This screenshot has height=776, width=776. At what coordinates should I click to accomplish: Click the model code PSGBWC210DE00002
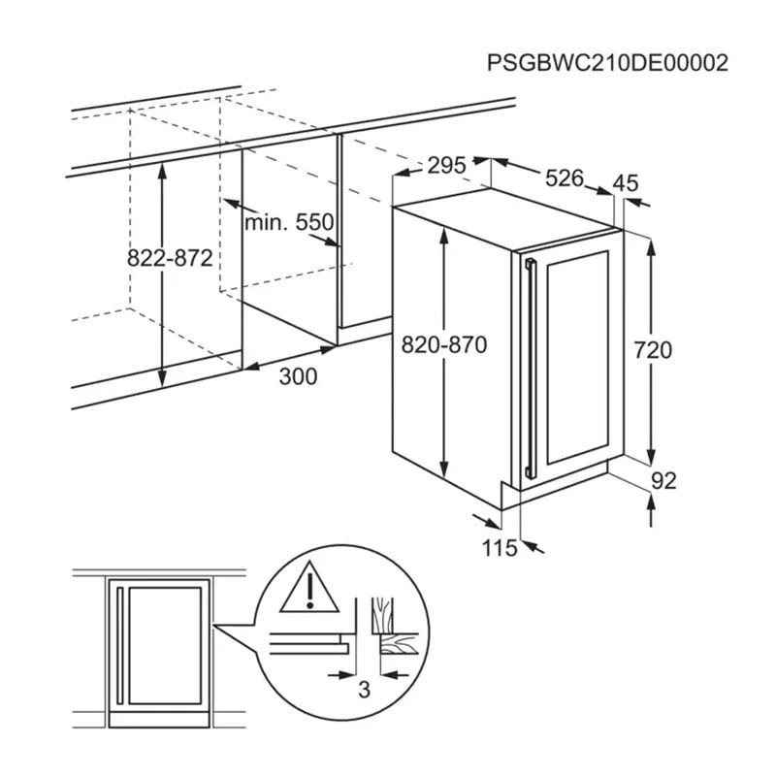tap(607, 63)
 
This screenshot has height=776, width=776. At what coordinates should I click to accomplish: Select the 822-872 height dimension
tap(170, 258)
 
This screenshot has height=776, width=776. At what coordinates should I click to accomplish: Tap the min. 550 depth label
tap(288, 223)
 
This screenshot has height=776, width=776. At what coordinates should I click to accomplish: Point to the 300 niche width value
tap(297, 377)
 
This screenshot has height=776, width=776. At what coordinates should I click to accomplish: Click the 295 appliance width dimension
tap(447, 165)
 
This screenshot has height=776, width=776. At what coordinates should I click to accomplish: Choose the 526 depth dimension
tap(564, 178)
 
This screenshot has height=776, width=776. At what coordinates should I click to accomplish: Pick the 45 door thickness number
tap(628, 182)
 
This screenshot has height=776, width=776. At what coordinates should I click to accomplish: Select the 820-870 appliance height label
tap(443, 346)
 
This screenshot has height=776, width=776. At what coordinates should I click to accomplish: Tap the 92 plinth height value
tap(663, 480)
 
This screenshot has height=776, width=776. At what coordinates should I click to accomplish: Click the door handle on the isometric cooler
tap(528, 369)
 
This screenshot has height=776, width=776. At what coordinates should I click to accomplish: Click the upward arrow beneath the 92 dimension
tap(649, 508)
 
